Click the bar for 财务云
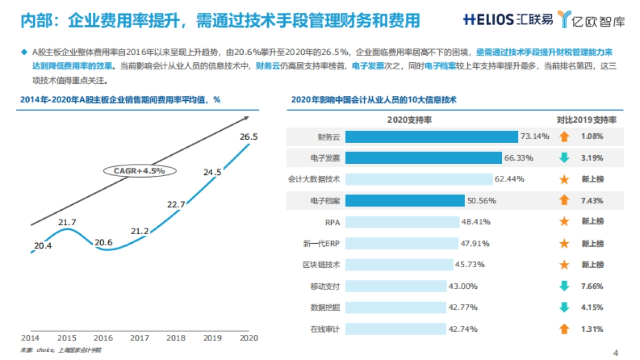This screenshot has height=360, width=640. (431, 137)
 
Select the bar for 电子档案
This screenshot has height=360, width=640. (405, 201)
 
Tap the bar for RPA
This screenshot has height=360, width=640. (402, 221)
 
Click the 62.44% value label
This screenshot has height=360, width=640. (509, 179)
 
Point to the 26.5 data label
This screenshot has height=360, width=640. (249, 137)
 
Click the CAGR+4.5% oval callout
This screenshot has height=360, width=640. (139, 171)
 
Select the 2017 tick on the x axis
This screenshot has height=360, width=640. (139, 338)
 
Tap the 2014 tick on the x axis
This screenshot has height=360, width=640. (30, 338)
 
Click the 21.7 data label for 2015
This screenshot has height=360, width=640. (67, 222)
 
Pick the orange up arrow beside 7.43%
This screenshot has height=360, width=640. (564, 201)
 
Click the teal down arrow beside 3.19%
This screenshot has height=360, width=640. (564, 158)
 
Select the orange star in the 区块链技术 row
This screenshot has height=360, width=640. (564, 265)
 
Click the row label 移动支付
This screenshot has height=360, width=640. (325, 286)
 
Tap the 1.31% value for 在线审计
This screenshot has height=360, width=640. (593, 329)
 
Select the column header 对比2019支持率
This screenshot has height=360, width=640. (586, 120)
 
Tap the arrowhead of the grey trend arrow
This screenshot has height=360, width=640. (245, 118)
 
